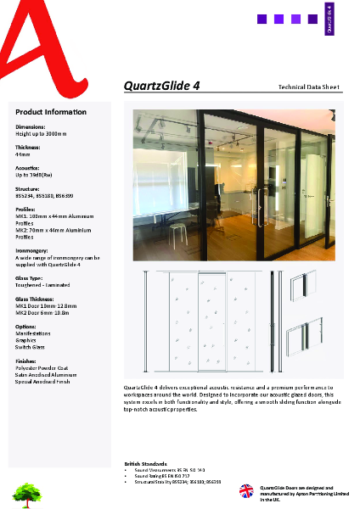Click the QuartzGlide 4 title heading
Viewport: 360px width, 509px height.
click(161, 86)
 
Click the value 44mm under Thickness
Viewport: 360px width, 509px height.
click(23, 155)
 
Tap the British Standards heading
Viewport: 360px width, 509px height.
click(144, 463)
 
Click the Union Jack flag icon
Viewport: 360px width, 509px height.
click(246, 491)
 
